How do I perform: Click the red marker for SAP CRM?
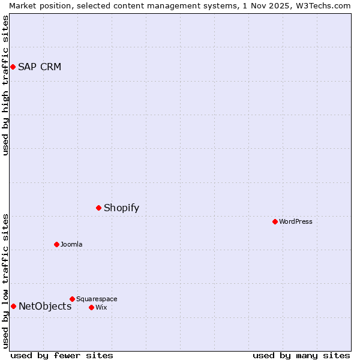(x=13, y=67)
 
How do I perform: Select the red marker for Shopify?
(x=99, y=208)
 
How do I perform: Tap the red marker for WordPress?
(x=275, y=221)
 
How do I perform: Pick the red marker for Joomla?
(x=57, y=244)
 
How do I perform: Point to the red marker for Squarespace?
(x=73, y=299)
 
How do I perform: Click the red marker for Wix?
(x=92, y=307)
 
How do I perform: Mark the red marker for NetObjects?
(x=13, y=307)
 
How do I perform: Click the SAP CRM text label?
(x=40, y=67)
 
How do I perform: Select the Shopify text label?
(x=122, y=208)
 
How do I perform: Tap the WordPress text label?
(x=296, y=221)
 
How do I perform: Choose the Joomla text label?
(x=71, y=244)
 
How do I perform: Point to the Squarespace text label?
(x=97, y=299)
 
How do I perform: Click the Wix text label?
(x=101, y=307)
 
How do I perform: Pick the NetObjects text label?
(x=45, y=307)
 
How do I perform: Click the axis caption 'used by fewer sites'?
(x=62, y=355)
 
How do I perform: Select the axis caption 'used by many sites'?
(x=301, y=355)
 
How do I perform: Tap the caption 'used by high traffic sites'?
(x=5, y=86)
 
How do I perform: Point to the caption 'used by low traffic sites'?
(x=5, y=281)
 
